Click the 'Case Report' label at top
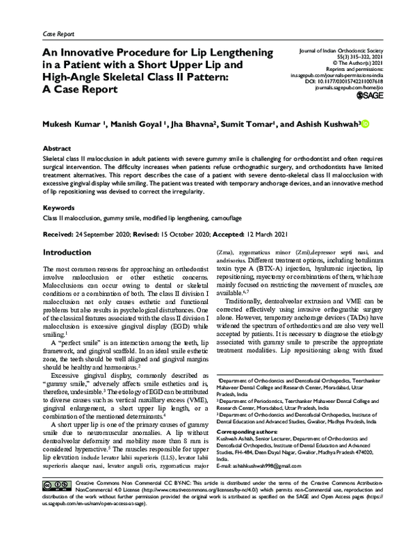coord(58,33)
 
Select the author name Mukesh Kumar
coord(69,124)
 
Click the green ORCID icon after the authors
coord(365,123)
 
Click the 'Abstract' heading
coord(57,149)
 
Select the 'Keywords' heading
coord(59,207)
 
